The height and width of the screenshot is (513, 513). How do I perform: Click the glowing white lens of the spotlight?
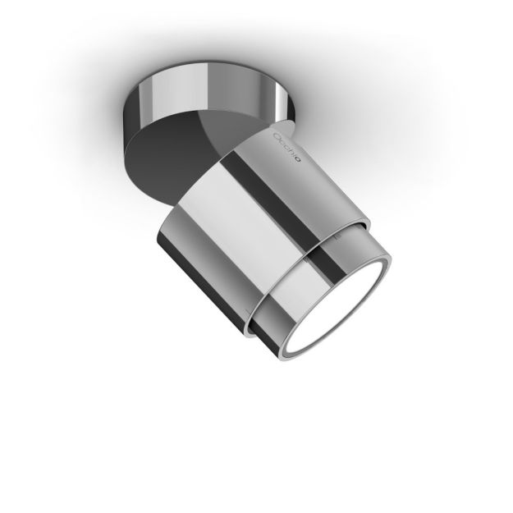[x=333, y=303]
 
